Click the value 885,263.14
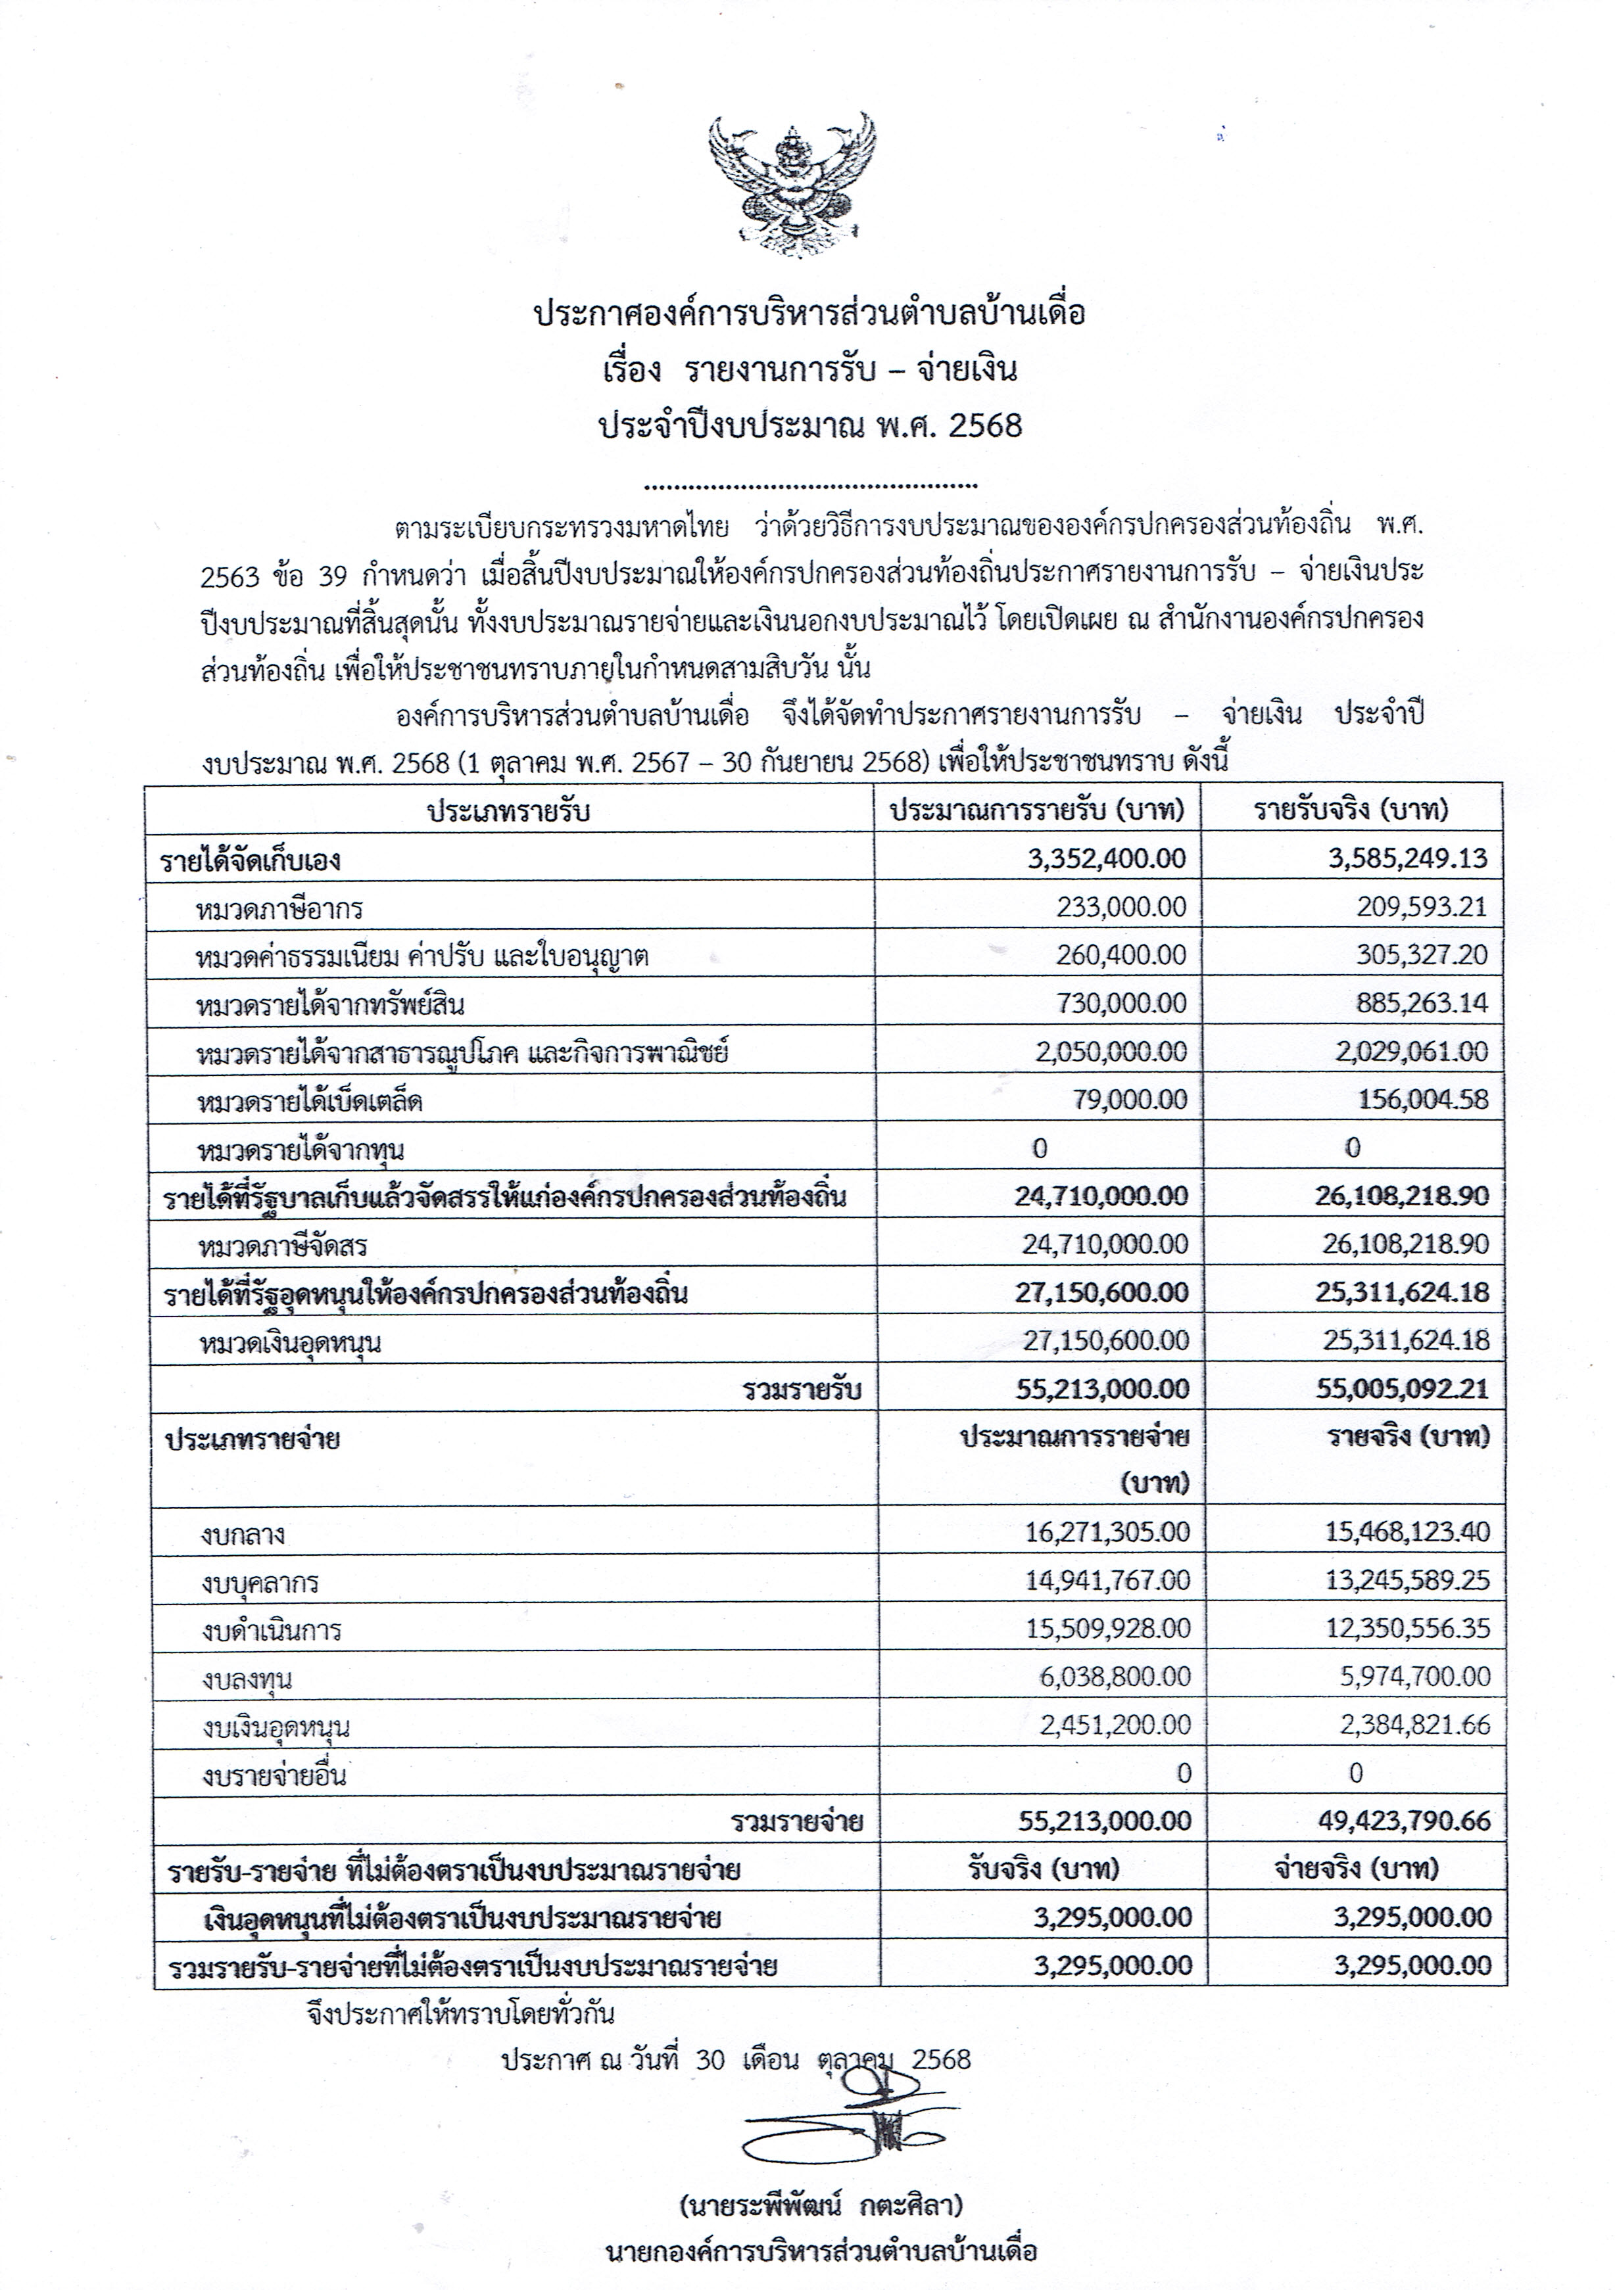1420,1002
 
